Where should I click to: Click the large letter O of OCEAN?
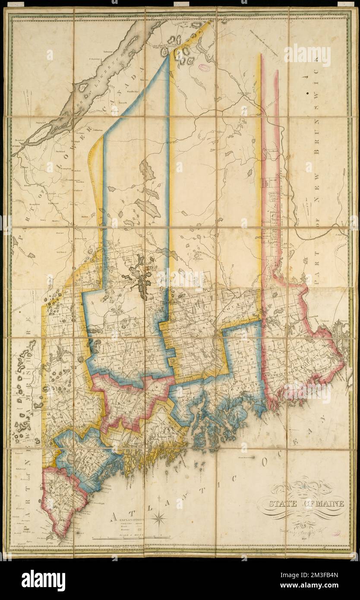(267, 463)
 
